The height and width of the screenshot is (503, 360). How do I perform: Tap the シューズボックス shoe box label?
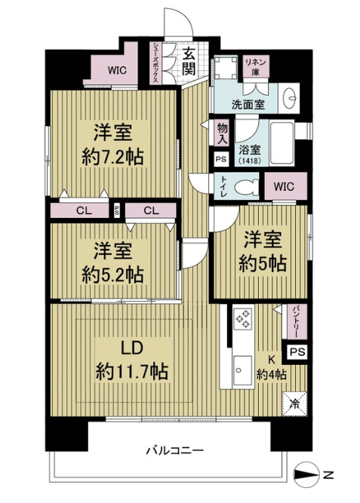click(x=155, y=62)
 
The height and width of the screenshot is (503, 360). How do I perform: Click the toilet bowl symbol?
click(x=245, y=187)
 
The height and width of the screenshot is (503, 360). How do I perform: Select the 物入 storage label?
click(x=222, y=134)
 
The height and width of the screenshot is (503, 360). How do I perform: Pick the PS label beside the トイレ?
click(x=220, y=160)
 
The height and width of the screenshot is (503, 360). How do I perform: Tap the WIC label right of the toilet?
click(x=285, y=186)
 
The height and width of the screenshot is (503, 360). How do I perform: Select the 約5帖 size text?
click(x=263, y=263)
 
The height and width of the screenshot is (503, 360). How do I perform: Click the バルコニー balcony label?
click(x=174, y=450)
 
